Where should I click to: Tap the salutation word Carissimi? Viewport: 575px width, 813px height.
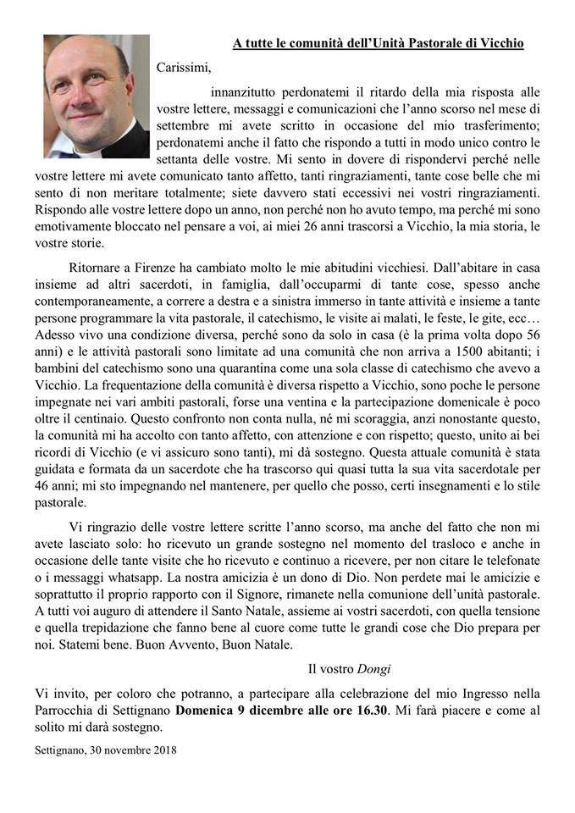click(182, 68)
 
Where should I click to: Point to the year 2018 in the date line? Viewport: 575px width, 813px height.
click(162, 749)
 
